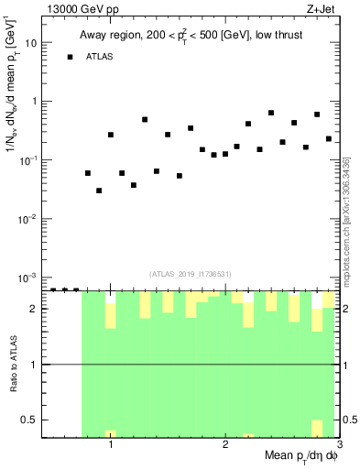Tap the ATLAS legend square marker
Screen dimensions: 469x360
coord(70,57)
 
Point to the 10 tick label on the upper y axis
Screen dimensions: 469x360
coord(29,43)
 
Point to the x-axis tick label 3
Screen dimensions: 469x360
coord(339,444)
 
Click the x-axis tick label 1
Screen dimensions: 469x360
coord(111,444)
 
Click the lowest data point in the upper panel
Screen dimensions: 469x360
coord(99,191)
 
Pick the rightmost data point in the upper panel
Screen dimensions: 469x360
coord(328,139)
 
